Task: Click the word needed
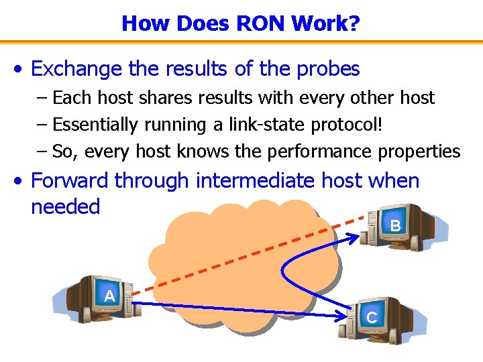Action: (x=65, y=206)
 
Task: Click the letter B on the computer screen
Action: (x=395, y=227)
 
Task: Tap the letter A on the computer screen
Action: (x=110, y=296)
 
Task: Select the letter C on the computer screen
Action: (x=372, y=318)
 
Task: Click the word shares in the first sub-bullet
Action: (x=144, y=98)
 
